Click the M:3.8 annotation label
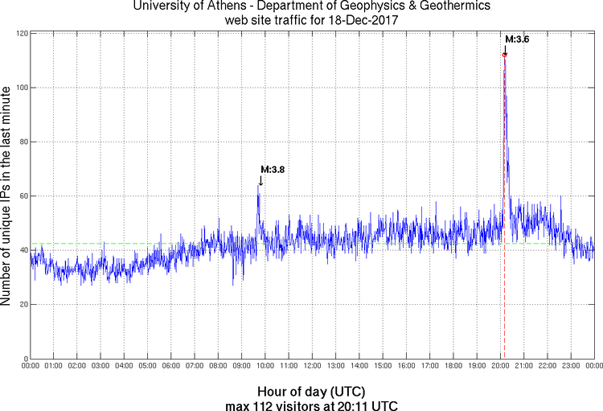pos(273,170)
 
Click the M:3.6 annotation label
pos(517,39)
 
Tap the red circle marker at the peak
pos(505,55)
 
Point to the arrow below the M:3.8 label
pos(260,181)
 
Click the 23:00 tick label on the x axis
pos(571,366)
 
